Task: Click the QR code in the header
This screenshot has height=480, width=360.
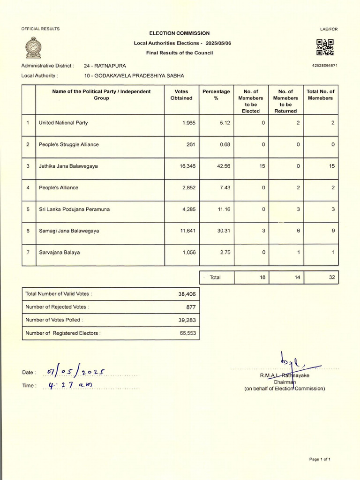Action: [325, 47]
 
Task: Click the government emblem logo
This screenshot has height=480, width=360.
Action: [33, 47]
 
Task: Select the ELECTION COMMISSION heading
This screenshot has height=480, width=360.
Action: [179, 33]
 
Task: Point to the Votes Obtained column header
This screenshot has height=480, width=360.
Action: [181, 95]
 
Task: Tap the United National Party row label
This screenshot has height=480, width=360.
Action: [63, 123]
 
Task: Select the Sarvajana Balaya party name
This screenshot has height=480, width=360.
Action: [59, 252]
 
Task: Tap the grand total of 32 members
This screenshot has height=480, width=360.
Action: [332, 277]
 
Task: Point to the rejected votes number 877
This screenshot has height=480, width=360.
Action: [191, 307]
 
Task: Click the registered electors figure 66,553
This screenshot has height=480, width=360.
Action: [187, 333]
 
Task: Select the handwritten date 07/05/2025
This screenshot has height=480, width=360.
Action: [75, 372]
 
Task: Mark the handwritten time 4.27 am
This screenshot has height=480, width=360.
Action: [71, 385]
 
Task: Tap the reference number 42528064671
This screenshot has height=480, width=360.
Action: [324, 66]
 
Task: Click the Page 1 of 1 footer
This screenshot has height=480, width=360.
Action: [320, 459]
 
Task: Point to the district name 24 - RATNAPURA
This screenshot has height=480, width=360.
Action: [105, 66]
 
